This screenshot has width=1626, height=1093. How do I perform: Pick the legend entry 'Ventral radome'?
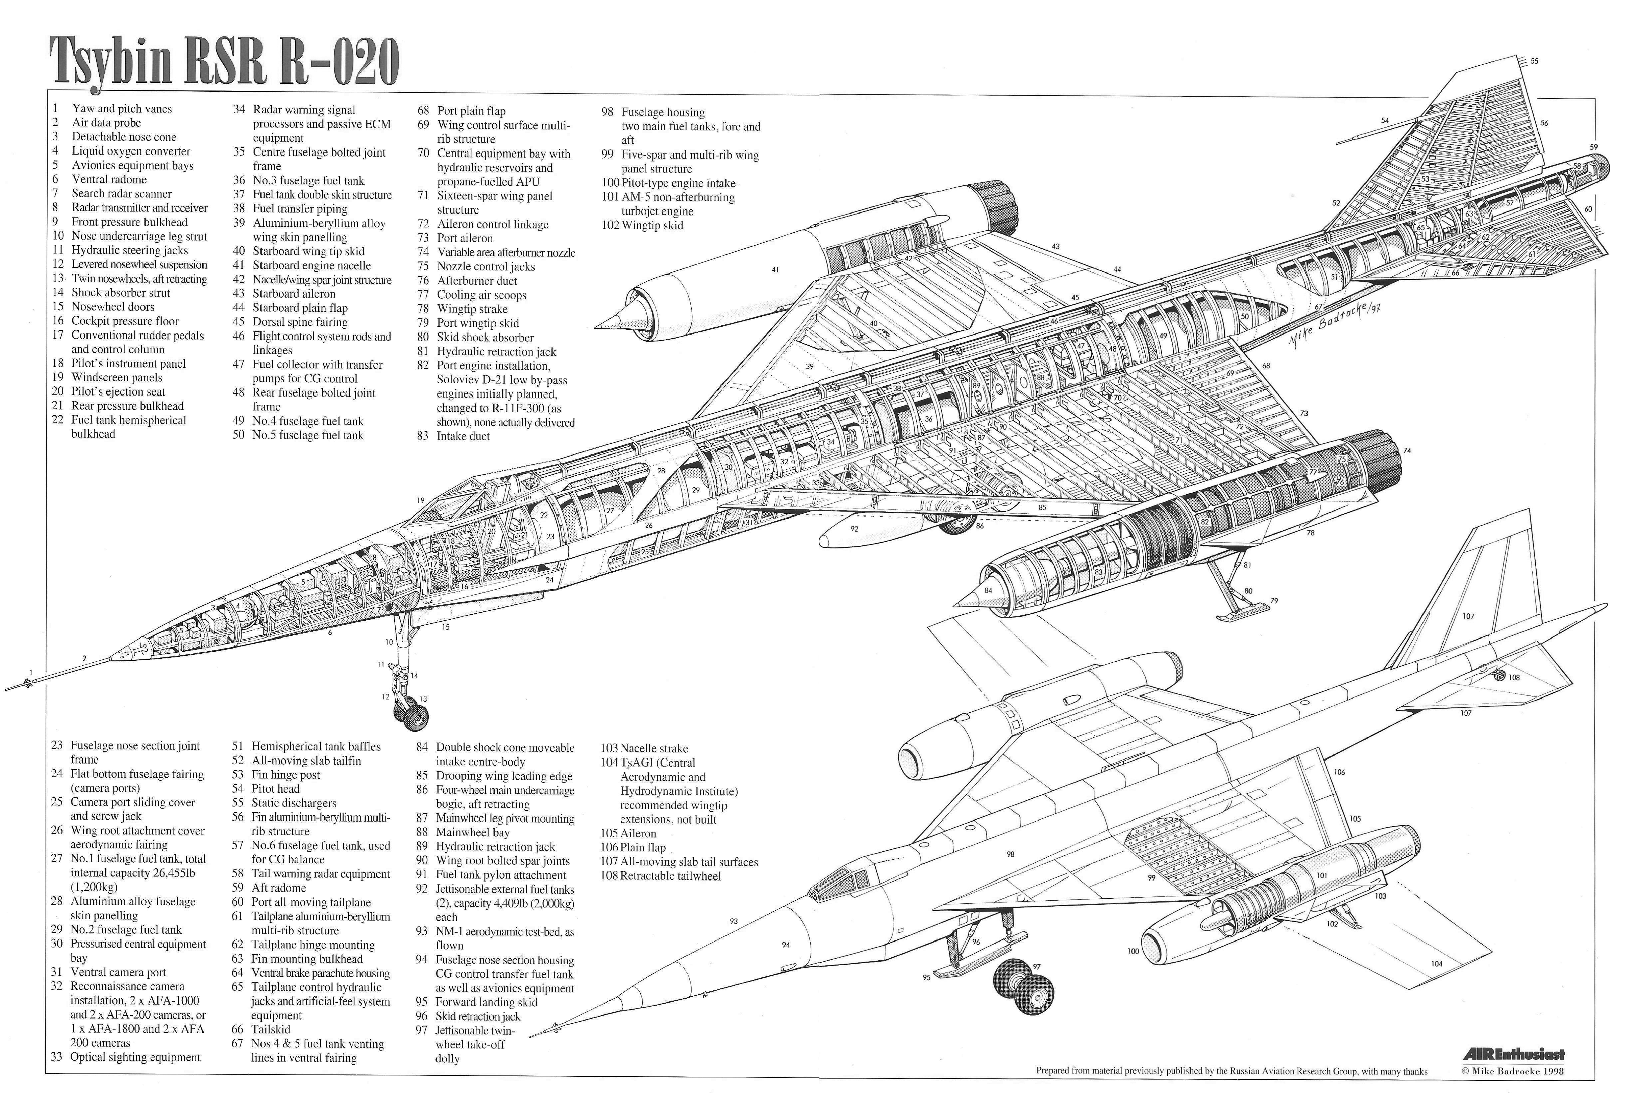point(100,179)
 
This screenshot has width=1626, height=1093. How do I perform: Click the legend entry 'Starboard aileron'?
point(284,294)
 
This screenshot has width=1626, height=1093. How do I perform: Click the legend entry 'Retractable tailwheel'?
point(660,876)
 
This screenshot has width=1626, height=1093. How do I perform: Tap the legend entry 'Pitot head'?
point(266,788)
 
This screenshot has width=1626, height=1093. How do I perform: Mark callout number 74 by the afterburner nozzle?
point(1407,451)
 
